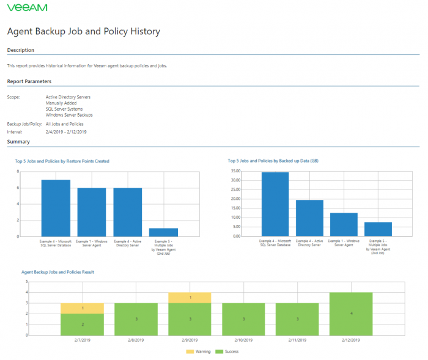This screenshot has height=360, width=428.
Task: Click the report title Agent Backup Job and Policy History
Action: tap(84, 31)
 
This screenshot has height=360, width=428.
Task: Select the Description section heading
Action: tap(21, 50)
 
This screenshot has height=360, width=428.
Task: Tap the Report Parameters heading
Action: tap(29, 81)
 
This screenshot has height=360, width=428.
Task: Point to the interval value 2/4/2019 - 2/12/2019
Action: tap(66, 131)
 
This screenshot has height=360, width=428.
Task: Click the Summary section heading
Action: tap(18, 142)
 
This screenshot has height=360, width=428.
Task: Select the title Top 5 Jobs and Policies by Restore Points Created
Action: tap(62, 161)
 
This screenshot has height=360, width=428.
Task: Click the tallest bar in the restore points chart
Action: tap(56, 208)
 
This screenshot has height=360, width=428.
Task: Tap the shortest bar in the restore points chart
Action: tap(163, 232)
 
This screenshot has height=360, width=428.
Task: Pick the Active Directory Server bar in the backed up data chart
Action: tap(309, 218)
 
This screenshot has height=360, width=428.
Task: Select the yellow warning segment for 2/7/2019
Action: tap(82, 308)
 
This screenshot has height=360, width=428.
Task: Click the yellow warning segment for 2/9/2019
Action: tap(190, 297)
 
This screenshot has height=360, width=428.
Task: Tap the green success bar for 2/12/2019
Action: tap(351, 314)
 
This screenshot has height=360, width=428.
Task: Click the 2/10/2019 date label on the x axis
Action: tap(243, 340)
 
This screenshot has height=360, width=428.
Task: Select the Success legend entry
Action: tap(229, 351)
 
